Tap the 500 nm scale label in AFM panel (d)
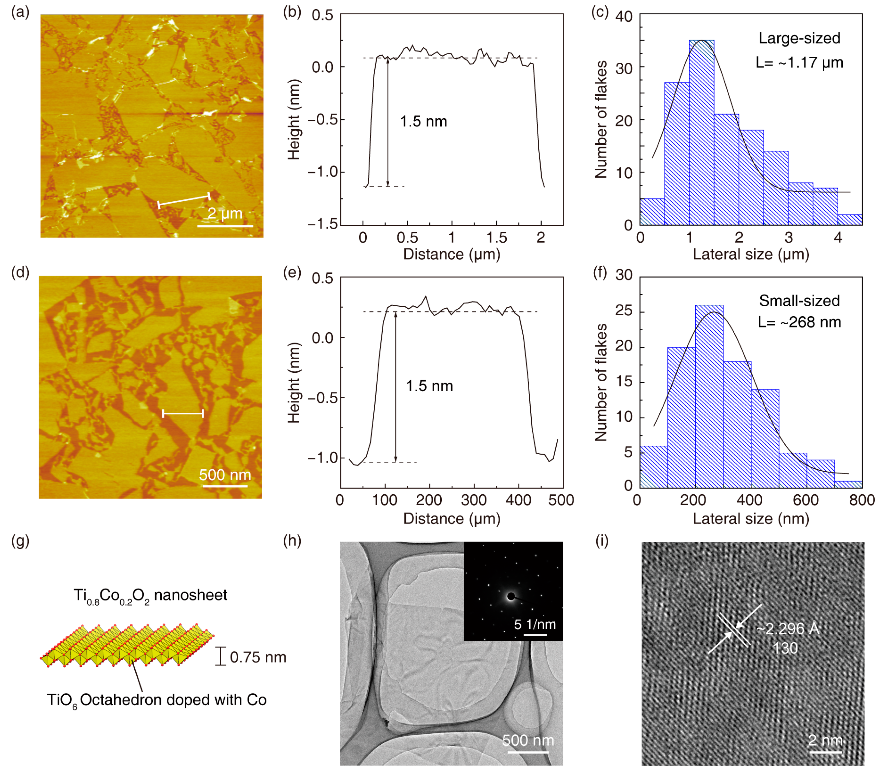[x=225, y=475]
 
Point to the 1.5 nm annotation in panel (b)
[x=423, y=121]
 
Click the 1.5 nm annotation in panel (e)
[x=429, y=386]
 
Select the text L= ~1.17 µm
[x=799, y=63]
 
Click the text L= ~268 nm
[x=799, y=322]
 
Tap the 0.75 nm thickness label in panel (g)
[x=258, y=657]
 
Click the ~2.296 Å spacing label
[x=788, y=629]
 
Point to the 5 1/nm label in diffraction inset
[x=535, y=624]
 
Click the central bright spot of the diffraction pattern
[x=511, y=596]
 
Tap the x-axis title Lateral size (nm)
[x=751, y=519]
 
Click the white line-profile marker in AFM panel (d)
[x=183, y=414]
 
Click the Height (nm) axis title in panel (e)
[x=294, y=382]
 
